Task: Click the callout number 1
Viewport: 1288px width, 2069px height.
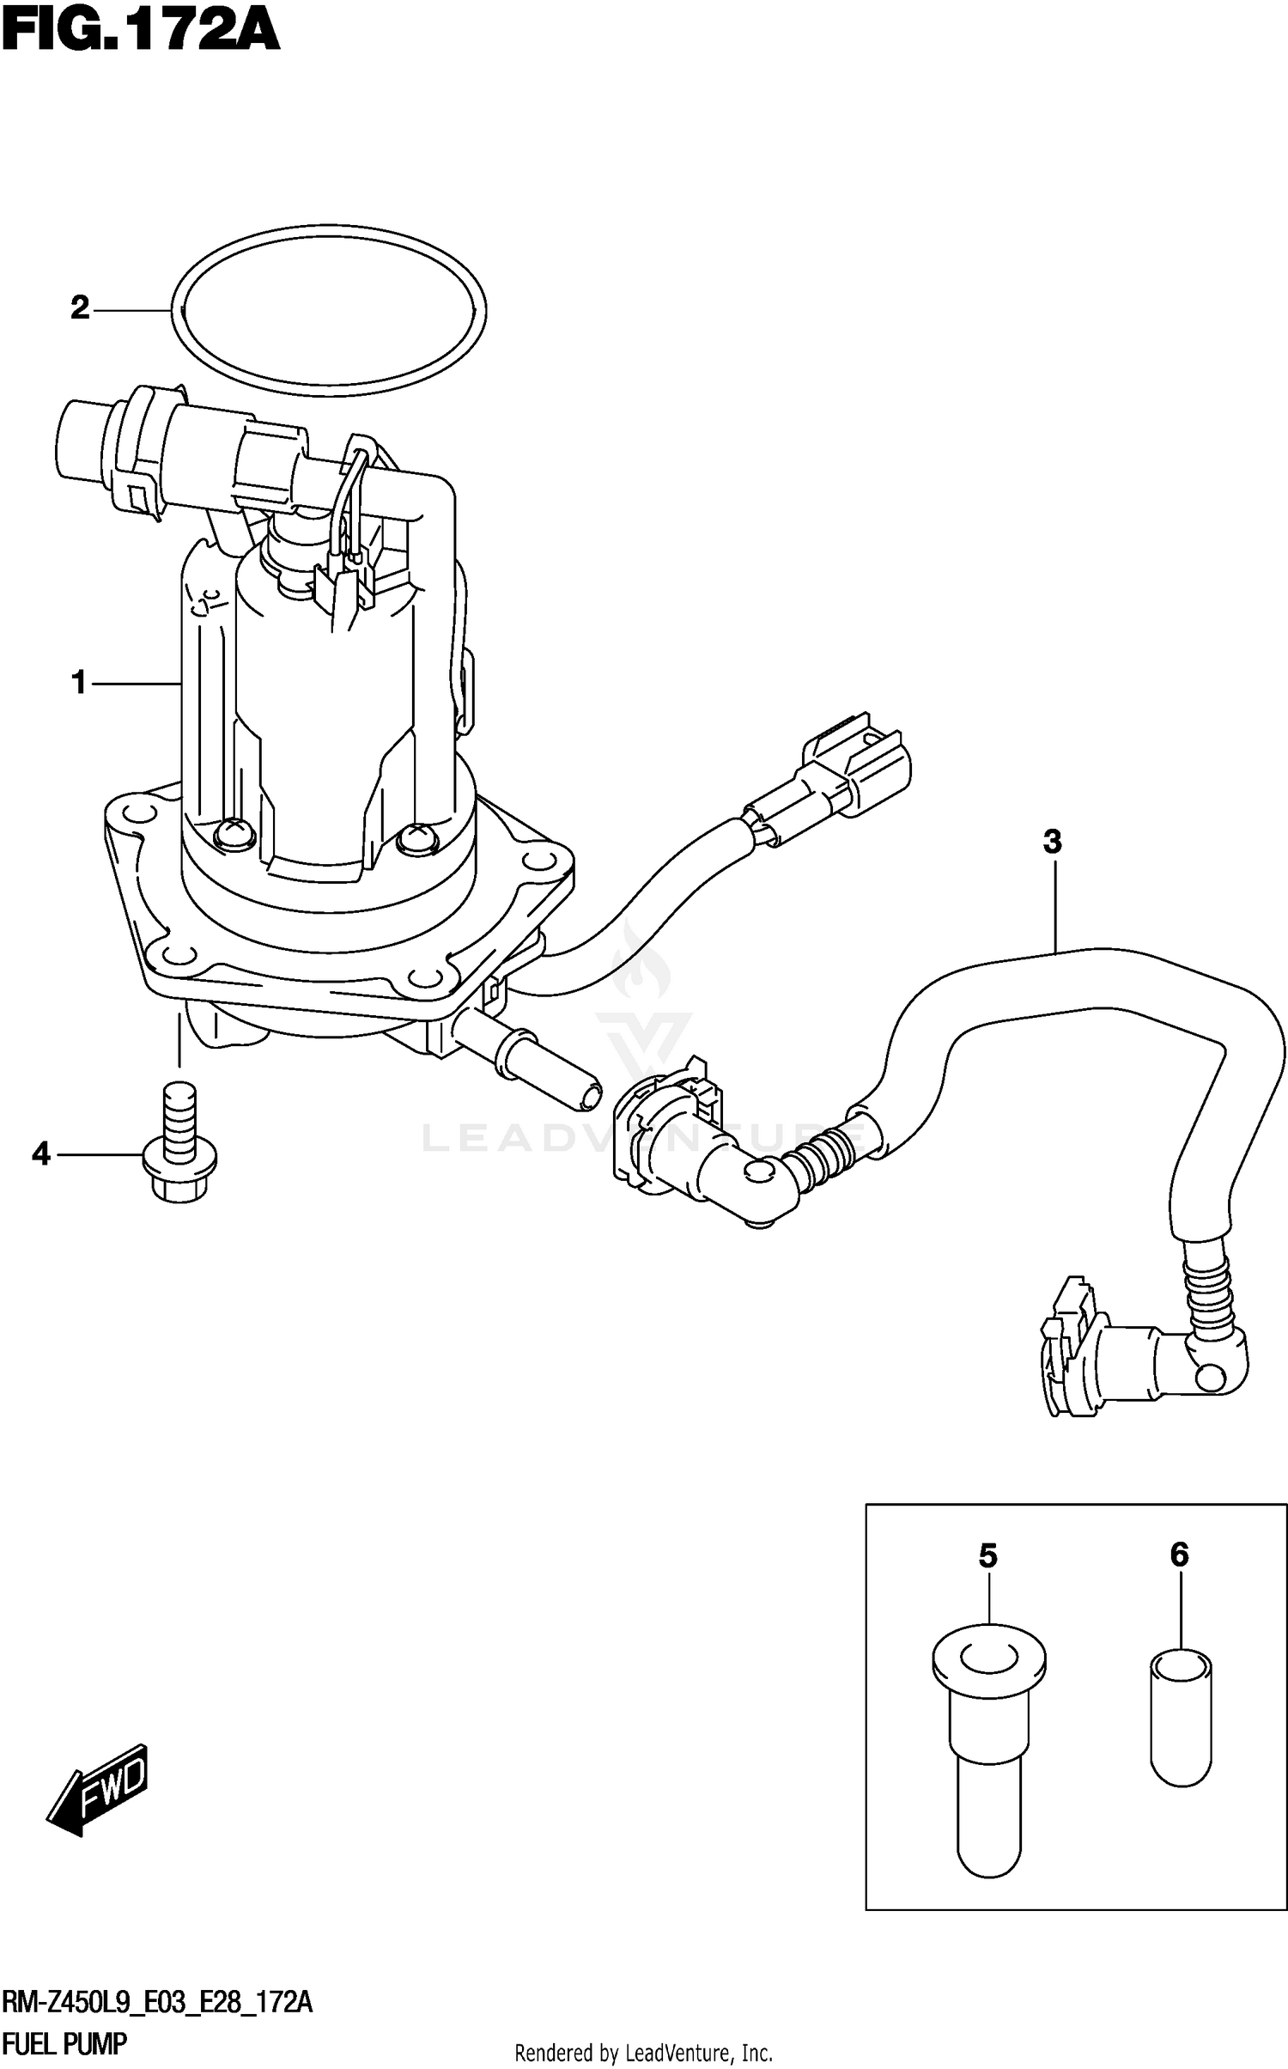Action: click(79, 684)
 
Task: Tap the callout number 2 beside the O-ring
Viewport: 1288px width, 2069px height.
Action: click(80, 307)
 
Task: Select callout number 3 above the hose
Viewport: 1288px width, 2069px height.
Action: click(1053, 842)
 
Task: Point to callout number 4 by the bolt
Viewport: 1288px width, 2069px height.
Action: click(41, 1154)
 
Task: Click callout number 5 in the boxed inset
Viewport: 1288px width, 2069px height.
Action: click(987, 1555)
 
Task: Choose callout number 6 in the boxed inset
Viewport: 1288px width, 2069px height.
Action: click(1179, 1554)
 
